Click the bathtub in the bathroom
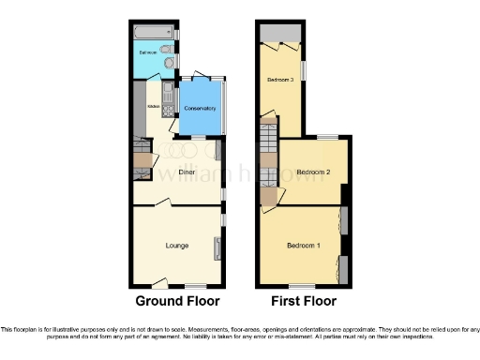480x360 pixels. pos(150,34)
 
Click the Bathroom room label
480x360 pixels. pos(149,52)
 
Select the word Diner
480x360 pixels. pos(174,171)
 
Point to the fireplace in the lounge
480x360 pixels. pos(218,248)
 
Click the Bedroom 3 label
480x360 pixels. pos(279,80)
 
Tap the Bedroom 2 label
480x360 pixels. pos(314,172)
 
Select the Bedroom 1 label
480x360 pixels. pos(304,246)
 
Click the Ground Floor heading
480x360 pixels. pos(177,302)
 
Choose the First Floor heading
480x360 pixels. pos(305,302)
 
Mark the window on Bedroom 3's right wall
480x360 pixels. pos(302,71)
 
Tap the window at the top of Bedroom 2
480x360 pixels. pos(327,138)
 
